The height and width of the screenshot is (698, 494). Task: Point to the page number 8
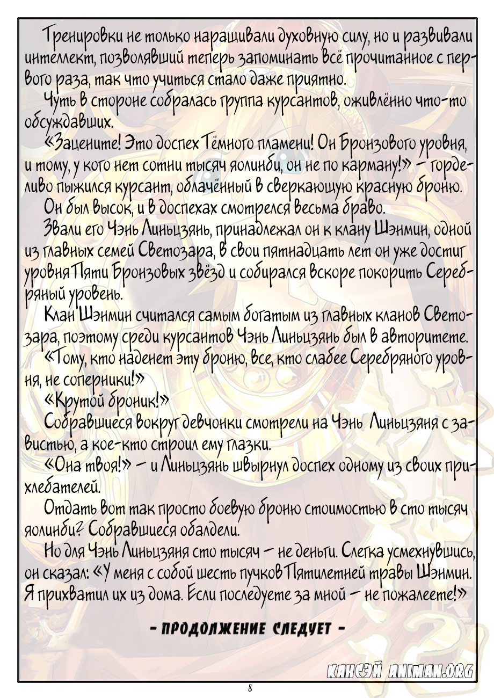coord(250,688)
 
